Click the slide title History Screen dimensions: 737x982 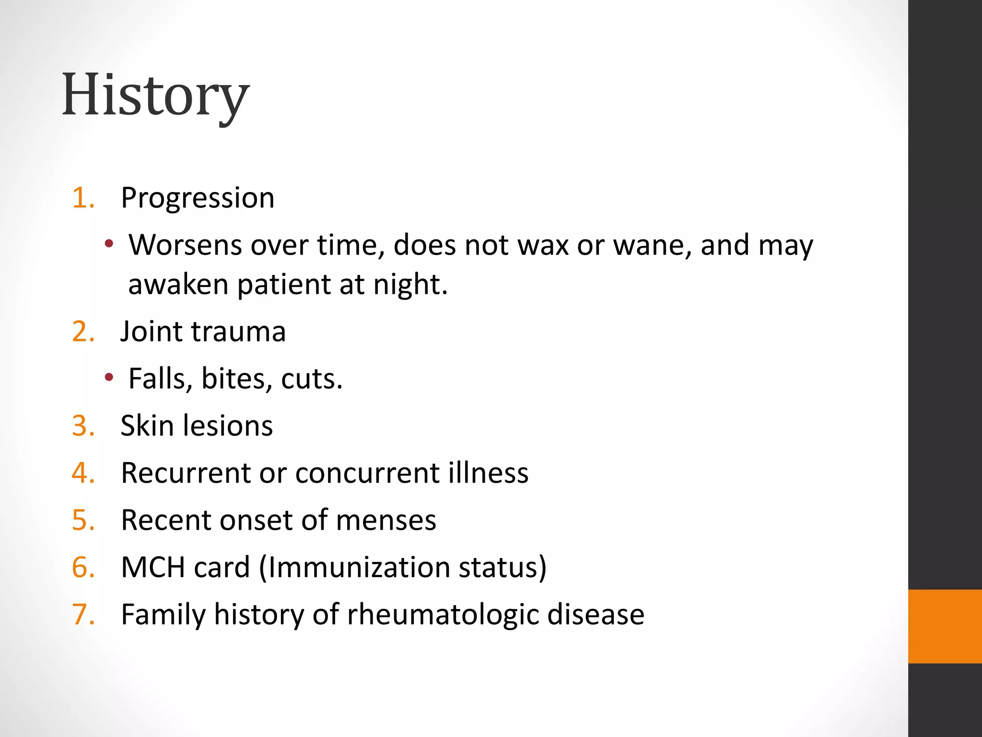click(x=155, y=95)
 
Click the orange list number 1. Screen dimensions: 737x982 click(x=82, y=198)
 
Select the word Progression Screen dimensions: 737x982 click(x=198, y=198)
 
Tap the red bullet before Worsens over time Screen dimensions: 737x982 click(x=109, y=244)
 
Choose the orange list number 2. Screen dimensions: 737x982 click(x=82, y=332)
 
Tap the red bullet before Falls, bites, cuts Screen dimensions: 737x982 click(x=109, y=378)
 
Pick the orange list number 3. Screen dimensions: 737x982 click(x=82, y=426)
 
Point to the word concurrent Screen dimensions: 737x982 click(x=367, y=473)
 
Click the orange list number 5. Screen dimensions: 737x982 click(x=82, y=520)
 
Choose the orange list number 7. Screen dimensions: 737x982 click(x=82, y=614)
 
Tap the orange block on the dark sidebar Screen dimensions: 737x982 click(x=945, y=626)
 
